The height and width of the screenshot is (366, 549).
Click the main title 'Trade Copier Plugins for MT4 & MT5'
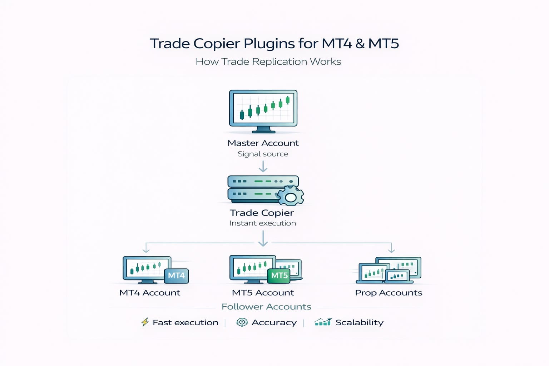pos(274,44)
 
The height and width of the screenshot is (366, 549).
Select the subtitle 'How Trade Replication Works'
pos(268,62)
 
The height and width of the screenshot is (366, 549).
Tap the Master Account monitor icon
pos(263,110)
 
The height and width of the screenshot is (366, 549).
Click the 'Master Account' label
pos(263,143)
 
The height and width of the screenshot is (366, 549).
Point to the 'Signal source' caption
pos(263,154)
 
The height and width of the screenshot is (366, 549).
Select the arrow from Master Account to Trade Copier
pos(263,167)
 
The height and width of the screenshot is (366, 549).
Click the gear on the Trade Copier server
pos(291,196)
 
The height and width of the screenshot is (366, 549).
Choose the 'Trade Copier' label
pos(262,213)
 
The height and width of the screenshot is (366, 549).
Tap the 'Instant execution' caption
pos(263,223)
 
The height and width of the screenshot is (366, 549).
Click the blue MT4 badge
pos(176,276)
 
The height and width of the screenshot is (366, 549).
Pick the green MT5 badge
pos(279,276)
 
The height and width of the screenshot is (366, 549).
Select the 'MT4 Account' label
pos(150,293)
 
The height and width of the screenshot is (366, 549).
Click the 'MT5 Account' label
pos(263,293)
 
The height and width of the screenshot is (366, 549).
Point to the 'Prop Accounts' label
pos(389,293)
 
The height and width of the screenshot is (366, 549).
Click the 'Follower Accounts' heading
pos(266,307)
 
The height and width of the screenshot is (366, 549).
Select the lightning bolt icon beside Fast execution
pos(145,322)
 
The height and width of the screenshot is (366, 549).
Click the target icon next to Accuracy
pos(242,322)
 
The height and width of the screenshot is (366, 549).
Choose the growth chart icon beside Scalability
pos(323,322)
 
